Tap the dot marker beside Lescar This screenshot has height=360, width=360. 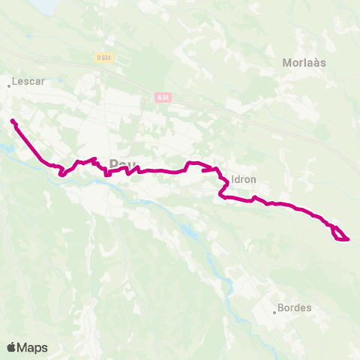click(9, 85)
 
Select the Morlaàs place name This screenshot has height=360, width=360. click(304, 62)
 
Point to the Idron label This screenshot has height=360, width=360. click(244, 180)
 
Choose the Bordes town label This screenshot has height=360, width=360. click(294, 307)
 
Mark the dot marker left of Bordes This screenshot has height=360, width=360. click(274, 312)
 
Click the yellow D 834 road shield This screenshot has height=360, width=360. click(103, 58)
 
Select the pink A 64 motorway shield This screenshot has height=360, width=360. click(163, 97)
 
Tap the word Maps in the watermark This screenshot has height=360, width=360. click(32, 347)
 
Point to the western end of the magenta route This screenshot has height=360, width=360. click(13, 120)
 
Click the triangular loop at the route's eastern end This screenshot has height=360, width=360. click(340, 235)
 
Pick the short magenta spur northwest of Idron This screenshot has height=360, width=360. click(209, 170)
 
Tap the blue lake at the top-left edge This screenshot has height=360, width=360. click(45, 4)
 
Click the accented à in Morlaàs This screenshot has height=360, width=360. click(316, 62)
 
